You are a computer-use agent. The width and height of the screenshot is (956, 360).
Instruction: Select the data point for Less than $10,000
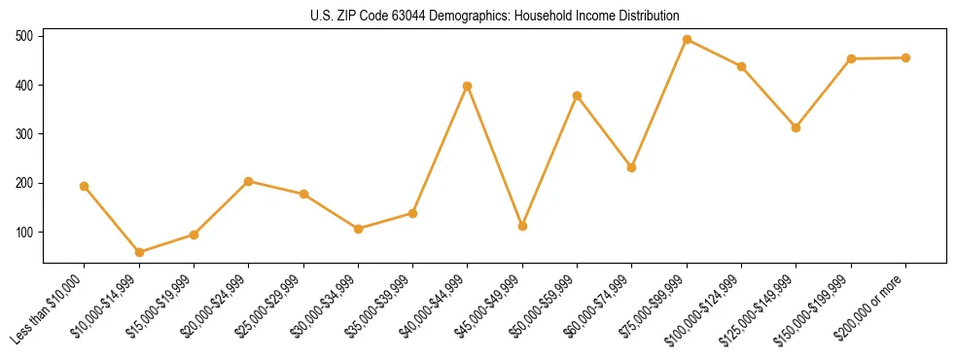85,186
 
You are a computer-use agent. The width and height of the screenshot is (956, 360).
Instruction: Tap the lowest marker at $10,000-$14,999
139,252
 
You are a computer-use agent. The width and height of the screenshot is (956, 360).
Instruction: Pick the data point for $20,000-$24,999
249,181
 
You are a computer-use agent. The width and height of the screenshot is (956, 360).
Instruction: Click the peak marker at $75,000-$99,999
687,40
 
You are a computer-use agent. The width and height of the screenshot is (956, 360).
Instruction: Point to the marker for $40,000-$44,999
468,86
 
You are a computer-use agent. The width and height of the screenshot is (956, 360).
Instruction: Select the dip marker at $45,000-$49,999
522,226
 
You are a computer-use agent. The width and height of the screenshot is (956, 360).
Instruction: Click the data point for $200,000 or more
905,57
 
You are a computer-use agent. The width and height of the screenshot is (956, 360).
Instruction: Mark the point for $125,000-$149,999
796,127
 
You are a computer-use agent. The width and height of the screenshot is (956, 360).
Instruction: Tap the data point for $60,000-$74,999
632,167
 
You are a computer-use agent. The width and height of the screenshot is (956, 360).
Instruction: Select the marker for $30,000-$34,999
358,229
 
